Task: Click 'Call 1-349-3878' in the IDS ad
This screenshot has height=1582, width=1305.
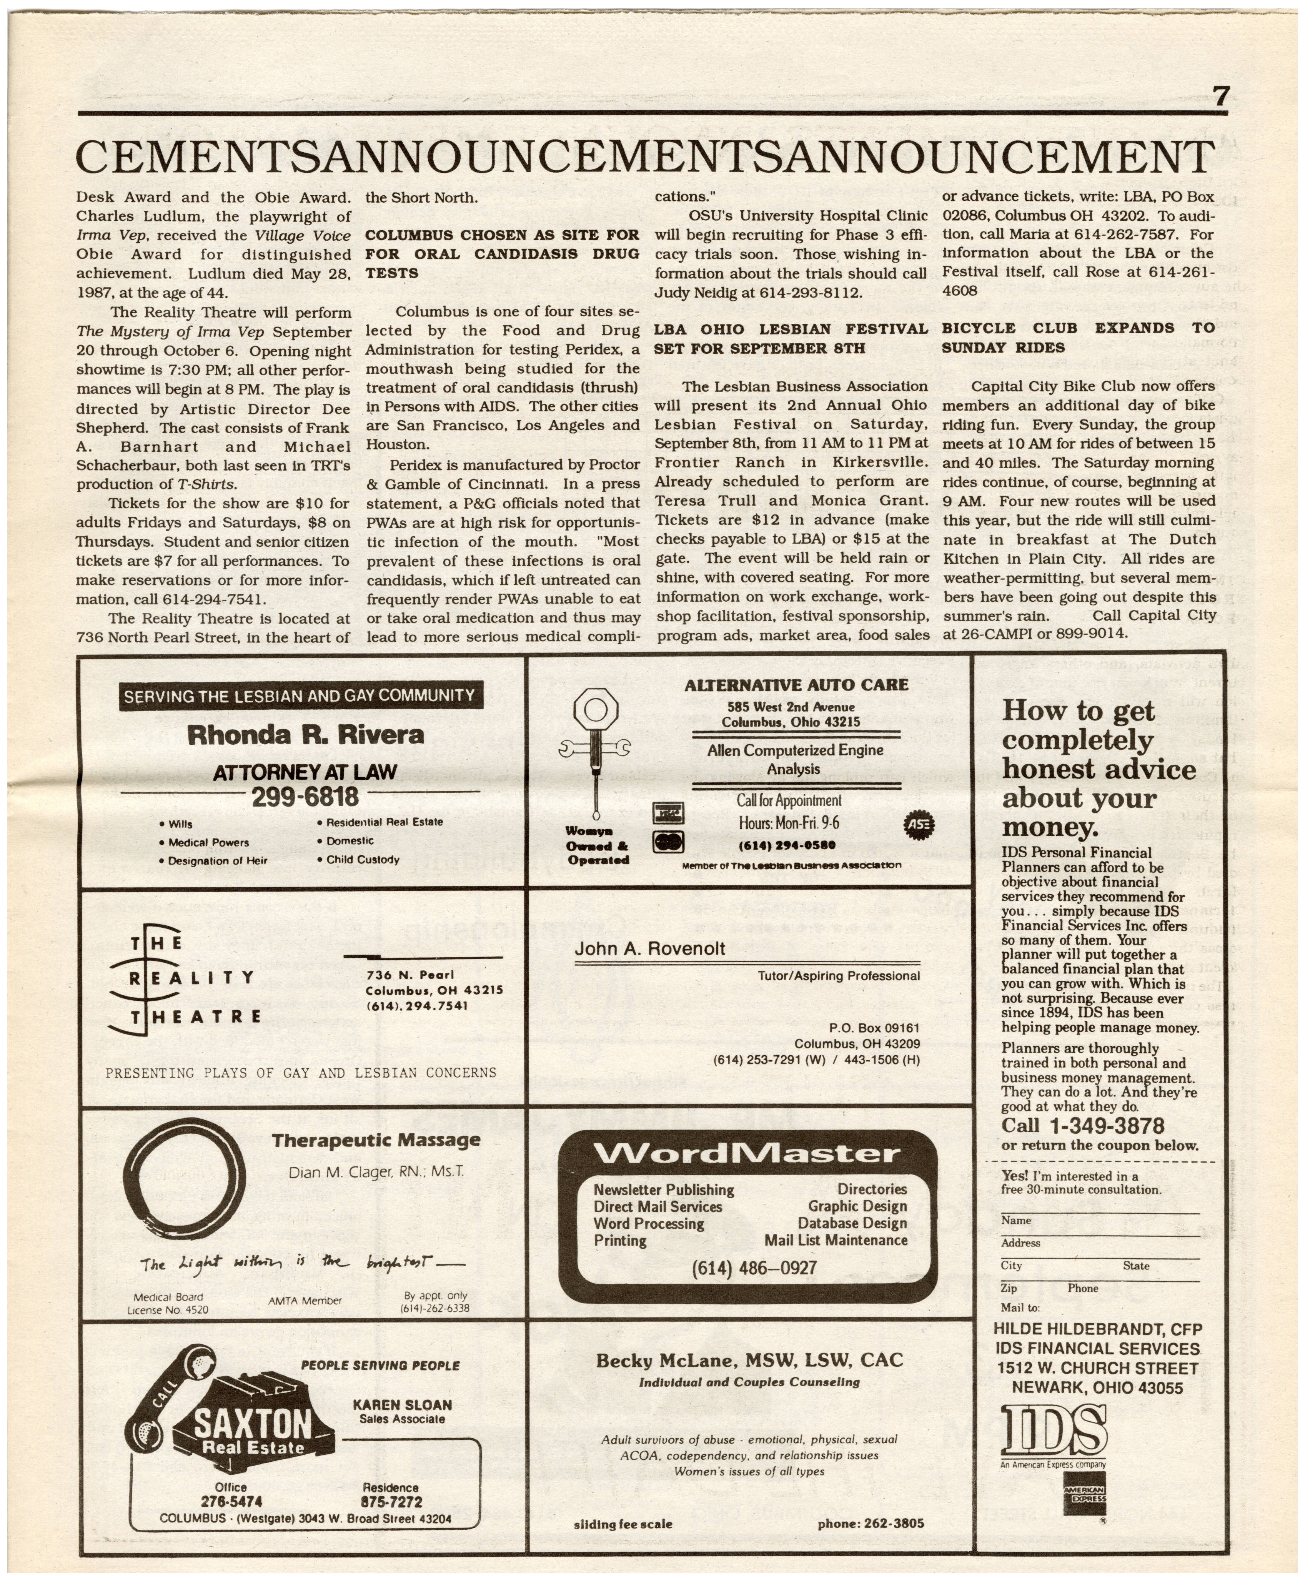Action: coord(1082,1125)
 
